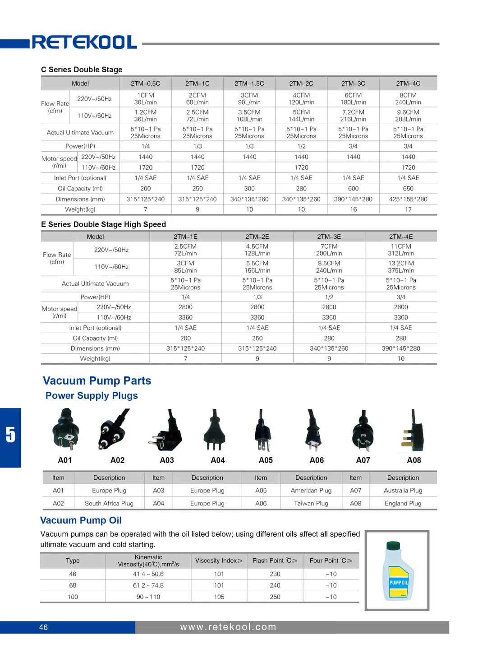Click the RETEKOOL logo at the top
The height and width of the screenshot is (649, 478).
(84, 42)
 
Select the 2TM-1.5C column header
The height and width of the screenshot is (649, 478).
(249, 83)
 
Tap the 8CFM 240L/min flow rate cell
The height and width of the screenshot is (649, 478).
(408, 99)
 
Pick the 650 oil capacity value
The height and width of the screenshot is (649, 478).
(408, 189)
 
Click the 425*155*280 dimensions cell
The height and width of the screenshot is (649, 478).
(408, 199)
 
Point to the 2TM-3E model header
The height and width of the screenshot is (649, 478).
(329, 236)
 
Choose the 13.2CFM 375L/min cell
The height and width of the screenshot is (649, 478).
(401, 267)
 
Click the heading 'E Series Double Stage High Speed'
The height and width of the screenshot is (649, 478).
(103, 224)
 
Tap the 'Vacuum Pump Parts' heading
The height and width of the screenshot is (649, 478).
(97, 381)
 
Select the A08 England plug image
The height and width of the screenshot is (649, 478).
(414, 431)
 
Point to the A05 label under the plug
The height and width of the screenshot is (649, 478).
(266, 460)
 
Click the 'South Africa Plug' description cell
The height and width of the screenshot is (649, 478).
(109, 503)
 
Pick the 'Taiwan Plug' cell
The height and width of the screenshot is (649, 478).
(311, 503)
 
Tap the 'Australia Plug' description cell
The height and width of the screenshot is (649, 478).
(403, 491)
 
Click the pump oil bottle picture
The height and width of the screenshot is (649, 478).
(397, 571)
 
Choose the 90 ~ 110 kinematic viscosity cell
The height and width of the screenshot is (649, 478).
(148, 597)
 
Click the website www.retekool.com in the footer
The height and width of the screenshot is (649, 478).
(228, 627)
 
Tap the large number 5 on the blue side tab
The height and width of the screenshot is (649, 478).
(10, 435)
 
